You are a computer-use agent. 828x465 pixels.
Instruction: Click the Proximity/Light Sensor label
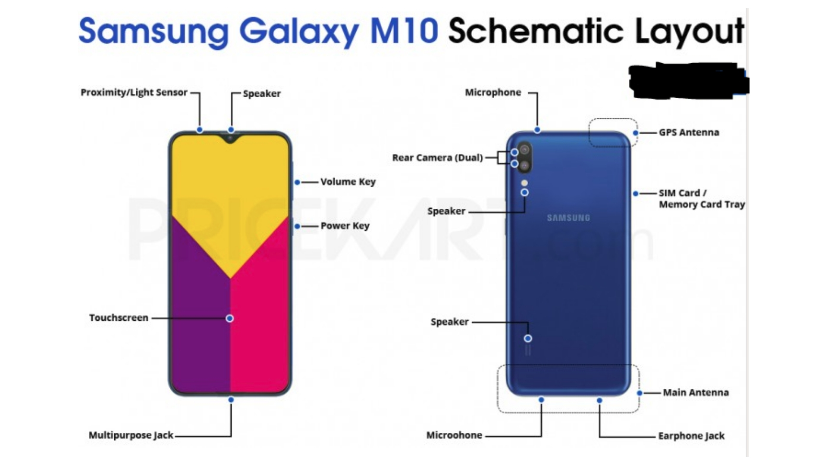[x=134, y=93]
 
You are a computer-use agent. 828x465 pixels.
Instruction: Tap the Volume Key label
[x=348, y=182]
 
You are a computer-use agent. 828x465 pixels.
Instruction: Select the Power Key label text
[x=345, y=226]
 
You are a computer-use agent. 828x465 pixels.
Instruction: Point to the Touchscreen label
[x=119, y=318]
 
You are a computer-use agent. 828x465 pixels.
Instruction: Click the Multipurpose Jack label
[x=131, y=435]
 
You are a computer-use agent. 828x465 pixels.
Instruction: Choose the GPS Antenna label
[x=689, y=133]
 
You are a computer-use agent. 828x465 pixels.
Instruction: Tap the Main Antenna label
[x=696, y=393]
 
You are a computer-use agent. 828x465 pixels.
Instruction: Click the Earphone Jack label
[x=691, y=436]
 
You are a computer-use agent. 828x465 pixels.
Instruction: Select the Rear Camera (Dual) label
[x=437, y=158]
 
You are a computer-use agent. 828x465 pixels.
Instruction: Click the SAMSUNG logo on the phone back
[x=568, y=218]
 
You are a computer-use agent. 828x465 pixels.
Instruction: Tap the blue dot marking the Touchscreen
[x=230, y=318]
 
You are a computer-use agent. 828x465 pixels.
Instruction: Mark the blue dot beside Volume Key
[x=297, y=183]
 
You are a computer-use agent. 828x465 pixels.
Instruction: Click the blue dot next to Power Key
[x=297, y=226]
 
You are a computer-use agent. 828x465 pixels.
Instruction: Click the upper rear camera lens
[x=524, y=150]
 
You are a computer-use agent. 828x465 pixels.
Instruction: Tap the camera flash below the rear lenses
[x=524, y=183]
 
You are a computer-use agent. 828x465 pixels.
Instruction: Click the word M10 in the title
[x=404, y=31]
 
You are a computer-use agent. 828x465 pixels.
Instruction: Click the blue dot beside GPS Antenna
[x=635, y=133]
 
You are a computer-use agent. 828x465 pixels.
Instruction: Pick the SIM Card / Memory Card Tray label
[x=701, y=198]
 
